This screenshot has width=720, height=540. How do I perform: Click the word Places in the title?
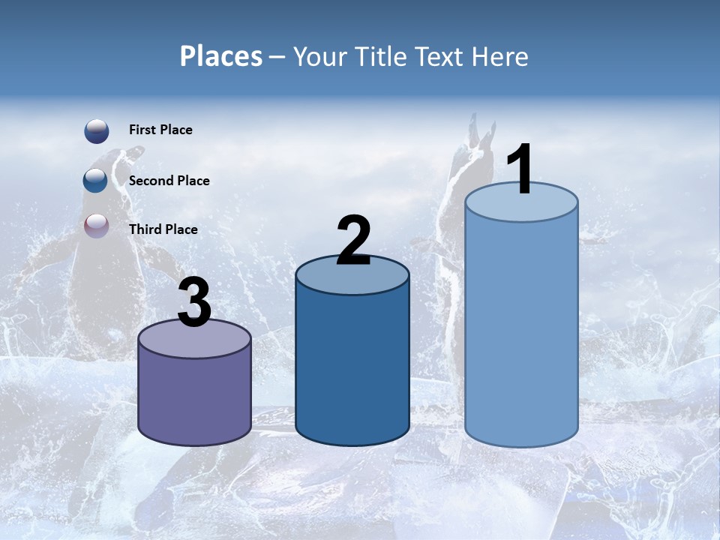(220, 56)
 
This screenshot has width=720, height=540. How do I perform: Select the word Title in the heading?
(381, 56)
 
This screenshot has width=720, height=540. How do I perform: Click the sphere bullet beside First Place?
(97, 131)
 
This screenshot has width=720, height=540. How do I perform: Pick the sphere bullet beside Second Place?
(96, 181)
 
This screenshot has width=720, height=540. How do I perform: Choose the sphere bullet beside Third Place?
(97, 226)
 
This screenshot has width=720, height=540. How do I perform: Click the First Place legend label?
(160, 130)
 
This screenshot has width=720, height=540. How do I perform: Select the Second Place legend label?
(169, 181)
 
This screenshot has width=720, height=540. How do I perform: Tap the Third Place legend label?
(163, 229)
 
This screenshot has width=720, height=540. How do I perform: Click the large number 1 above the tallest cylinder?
(520, 169)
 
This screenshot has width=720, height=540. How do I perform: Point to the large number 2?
(353, 240)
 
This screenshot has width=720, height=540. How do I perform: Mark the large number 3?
(195, 303)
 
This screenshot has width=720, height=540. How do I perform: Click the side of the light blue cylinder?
(521, 330)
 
